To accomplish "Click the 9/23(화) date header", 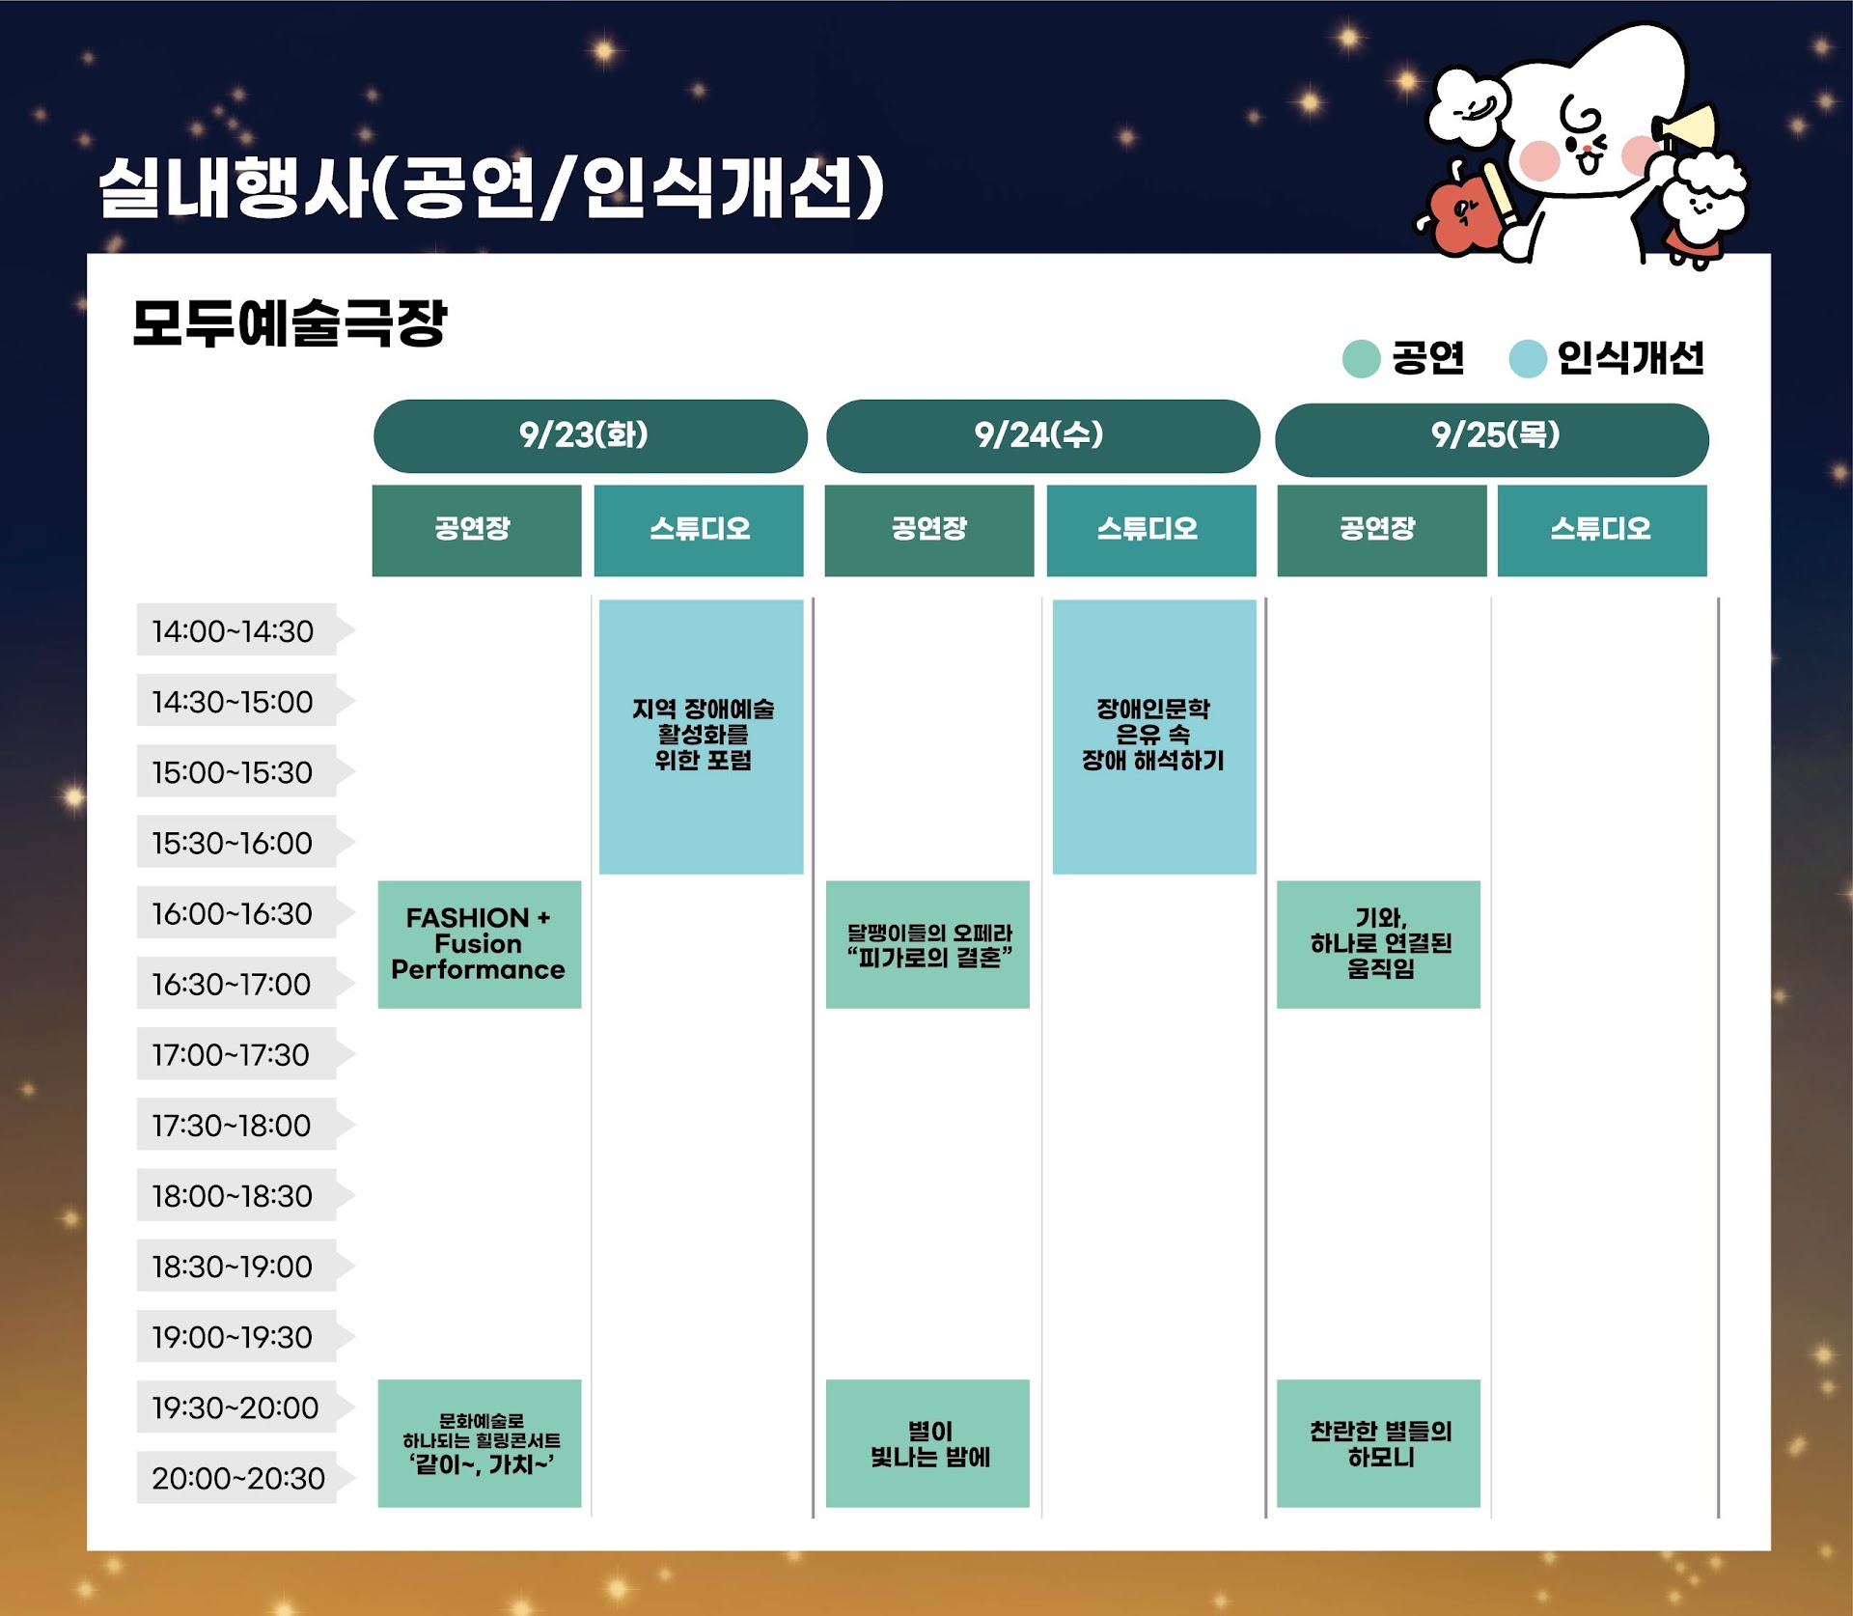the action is pos(590,436).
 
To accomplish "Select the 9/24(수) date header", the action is pos(1042,436).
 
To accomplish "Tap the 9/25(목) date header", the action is pos(1491,439).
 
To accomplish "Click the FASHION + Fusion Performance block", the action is pos(479,944).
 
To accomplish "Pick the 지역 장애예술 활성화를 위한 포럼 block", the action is pos(701,737).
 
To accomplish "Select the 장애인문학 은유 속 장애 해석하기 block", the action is pos(1154,737).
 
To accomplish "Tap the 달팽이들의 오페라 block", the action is pos(927,944).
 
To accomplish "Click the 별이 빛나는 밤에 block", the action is pos(927,1443).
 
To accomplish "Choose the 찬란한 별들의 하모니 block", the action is pos(1378,1443).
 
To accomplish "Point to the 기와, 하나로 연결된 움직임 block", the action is pos(1378,944).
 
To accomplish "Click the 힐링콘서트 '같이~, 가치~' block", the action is pos(479,1443).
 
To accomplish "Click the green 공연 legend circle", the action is pos(1361,359).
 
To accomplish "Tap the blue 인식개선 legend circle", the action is pos(1527,359).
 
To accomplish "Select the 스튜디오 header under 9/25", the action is pos(1602,530).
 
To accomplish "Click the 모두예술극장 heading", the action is pos(290,322).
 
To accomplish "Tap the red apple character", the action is pos(1465,214).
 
